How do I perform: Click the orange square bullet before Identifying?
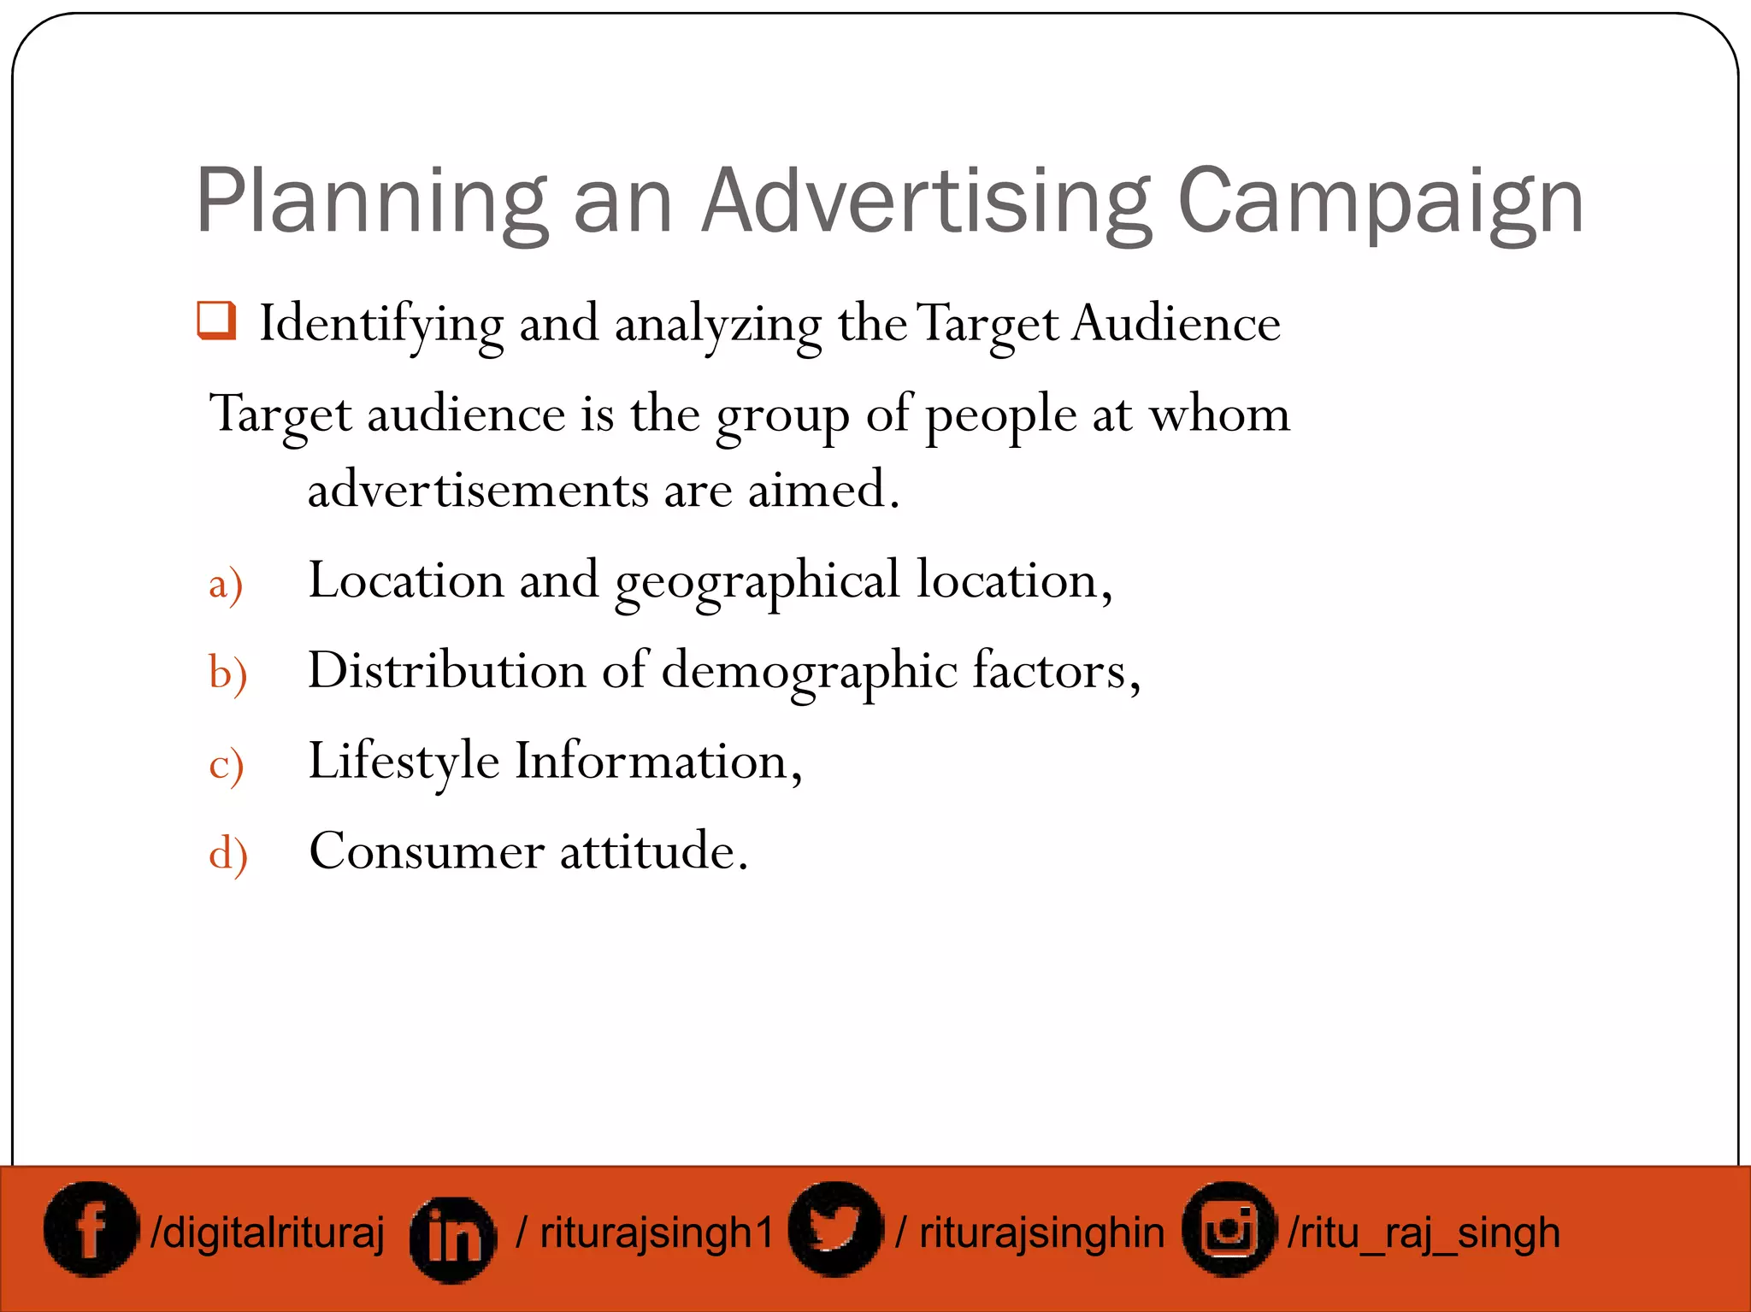(x=215, y=321)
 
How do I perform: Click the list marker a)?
(x=226, y=585)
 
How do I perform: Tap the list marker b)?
(x=227, y=673)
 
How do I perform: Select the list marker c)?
(x=226, y=763)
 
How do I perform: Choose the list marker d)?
(x=227, y=853)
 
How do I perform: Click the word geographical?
(x=757, y=582)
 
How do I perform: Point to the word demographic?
(x=809, y=672)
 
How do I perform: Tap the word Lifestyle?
(x=404, y=762)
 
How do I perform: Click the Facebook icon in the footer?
(x=91, y=1230)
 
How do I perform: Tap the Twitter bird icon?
(x=834, y=1229)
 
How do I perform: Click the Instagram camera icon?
(x=1228, y=1229)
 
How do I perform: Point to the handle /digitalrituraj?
(x=268, y=1233)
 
